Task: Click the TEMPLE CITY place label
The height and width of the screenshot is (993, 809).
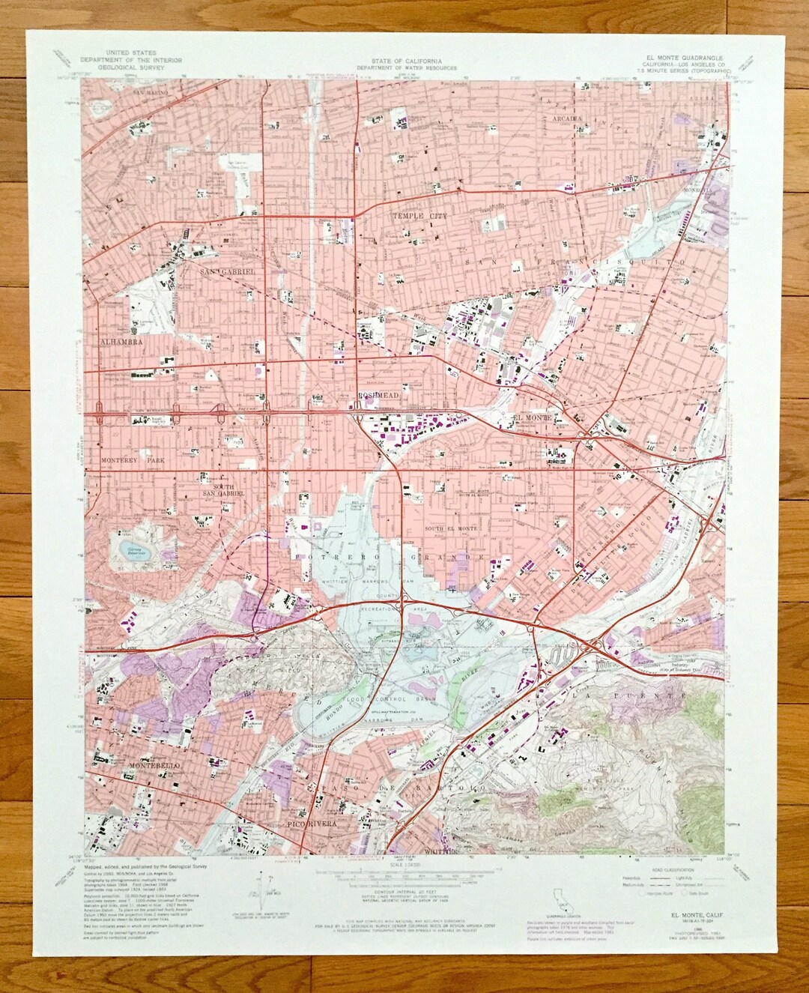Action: tap(413, 216)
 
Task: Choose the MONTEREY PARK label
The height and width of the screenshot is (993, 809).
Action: tap(127, 459)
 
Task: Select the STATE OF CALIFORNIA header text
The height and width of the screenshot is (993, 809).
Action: tap(404, 58)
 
